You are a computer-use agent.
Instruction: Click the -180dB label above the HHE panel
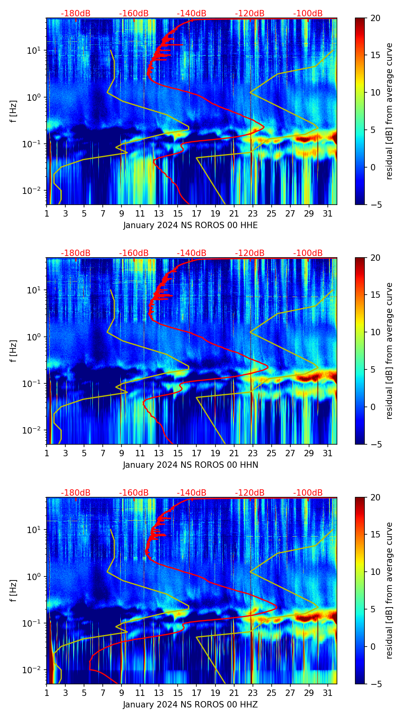click(76, 14)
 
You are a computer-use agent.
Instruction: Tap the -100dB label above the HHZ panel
click(308, 493)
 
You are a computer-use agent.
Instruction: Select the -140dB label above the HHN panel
click(192, 253)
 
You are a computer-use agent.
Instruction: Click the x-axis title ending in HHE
click(190, 225)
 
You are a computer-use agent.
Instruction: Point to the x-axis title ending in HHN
click(190, 465)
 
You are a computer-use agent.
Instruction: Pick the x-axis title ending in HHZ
click(190, 705)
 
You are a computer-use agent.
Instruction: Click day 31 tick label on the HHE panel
click(327, 213)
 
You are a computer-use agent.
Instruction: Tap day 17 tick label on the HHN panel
click(197, 453)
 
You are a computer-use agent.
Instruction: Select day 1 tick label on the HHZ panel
click(47, 693)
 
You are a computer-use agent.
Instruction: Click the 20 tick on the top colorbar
click(375, 18)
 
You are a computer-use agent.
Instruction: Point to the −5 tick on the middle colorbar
click(375, 444)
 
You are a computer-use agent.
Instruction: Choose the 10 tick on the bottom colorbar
click(375, 572)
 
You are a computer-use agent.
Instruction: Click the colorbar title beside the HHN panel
click(390, 351)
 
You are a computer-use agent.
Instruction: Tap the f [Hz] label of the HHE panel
click(14, 111)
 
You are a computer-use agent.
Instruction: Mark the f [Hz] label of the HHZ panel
click(14, 590)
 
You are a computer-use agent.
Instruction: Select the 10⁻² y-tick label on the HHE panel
click(35, 191)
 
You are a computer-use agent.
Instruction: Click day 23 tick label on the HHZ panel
click(253, 693)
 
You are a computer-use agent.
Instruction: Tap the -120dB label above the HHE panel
click(250, 14)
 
